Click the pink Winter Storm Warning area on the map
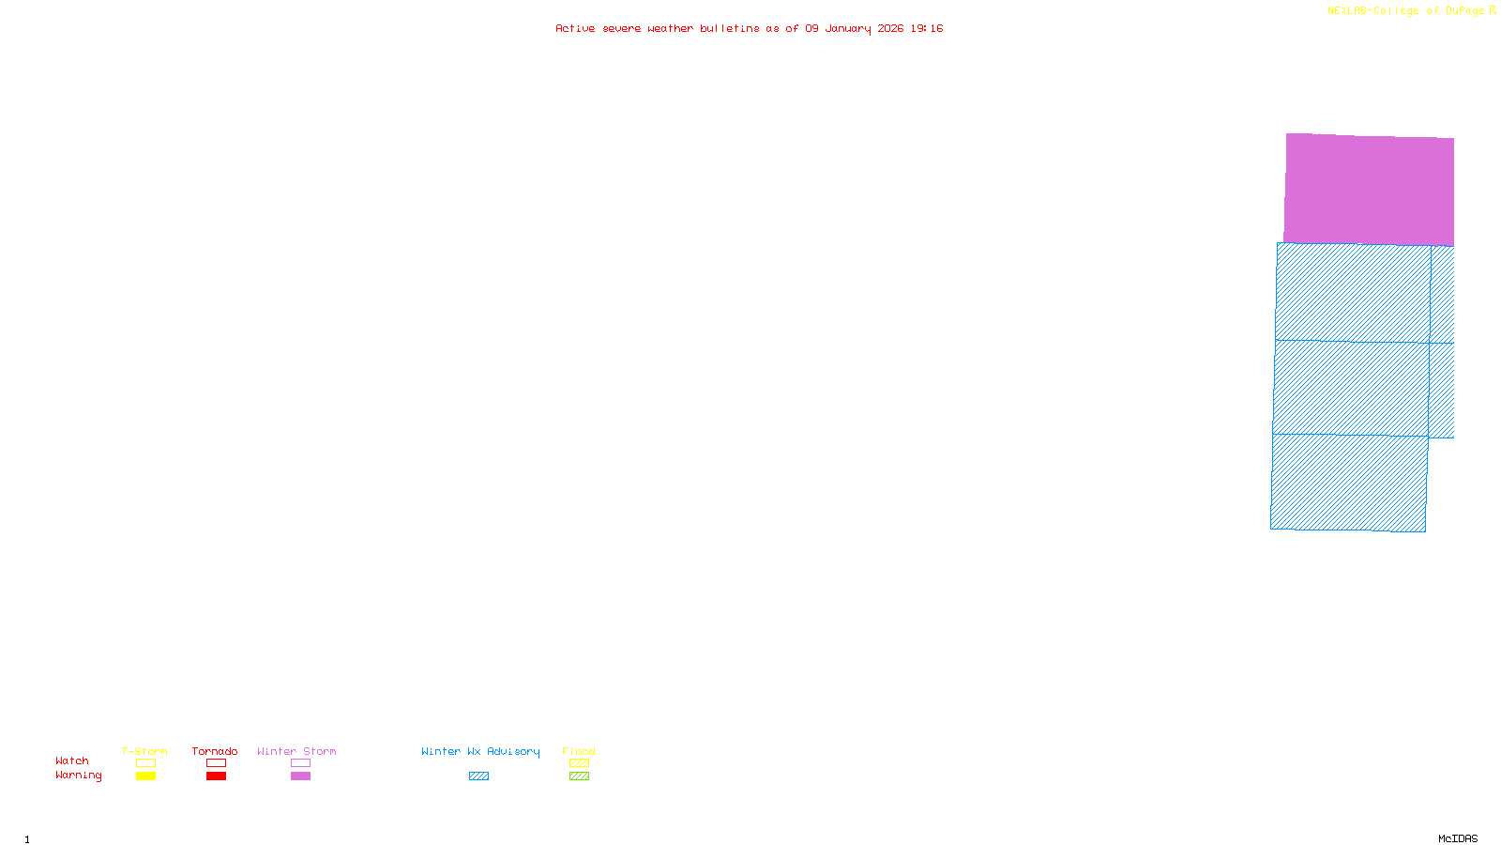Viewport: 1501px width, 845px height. [x=1369, y=190]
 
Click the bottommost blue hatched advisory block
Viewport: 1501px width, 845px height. [x=1349, y=483]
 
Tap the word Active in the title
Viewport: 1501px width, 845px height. [x=575, y=28]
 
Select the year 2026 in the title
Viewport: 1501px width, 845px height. [x=890, y=28]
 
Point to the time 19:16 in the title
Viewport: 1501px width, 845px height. [x=927, y=28]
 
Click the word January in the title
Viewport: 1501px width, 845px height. [x=848, y=28]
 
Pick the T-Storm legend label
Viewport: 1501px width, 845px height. [x=144, y=751]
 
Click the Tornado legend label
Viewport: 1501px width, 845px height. [x=215, y=751]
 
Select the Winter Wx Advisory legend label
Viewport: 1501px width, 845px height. [x=480, y=751]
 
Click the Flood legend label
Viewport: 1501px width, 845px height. [x=579, y=751]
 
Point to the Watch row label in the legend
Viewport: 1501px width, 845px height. [x=72, y=760]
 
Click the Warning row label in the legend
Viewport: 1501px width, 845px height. [x=78, y=776]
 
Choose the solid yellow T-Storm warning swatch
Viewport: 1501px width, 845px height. [x=145, y=776]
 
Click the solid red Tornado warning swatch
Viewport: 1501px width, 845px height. [x=216, y=776]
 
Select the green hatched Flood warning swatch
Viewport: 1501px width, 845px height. [x=579, y=776]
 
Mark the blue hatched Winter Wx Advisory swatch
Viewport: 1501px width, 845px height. [x=478, y=776]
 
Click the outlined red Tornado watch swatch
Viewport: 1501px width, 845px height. [x=216, y=763]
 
